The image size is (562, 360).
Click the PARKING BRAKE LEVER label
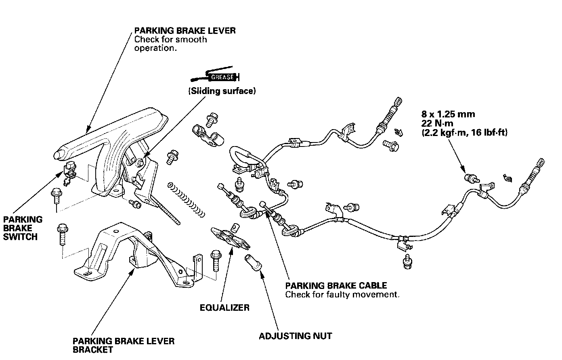click(185, 31)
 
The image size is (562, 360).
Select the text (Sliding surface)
click(222, 91)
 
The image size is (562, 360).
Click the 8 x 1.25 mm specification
click(448, 114)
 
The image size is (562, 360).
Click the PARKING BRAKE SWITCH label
click(23, 228)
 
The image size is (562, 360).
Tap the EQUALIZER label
click(224, 308)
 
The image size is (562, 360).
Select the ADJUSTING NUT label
click(295, 336)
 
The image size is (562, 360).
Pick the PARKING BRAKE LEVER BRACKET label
click(124, 345)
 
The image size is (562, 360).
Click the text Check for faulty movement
click(342, 295)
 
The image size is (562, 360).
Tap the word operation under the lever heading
click(155, 48)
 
